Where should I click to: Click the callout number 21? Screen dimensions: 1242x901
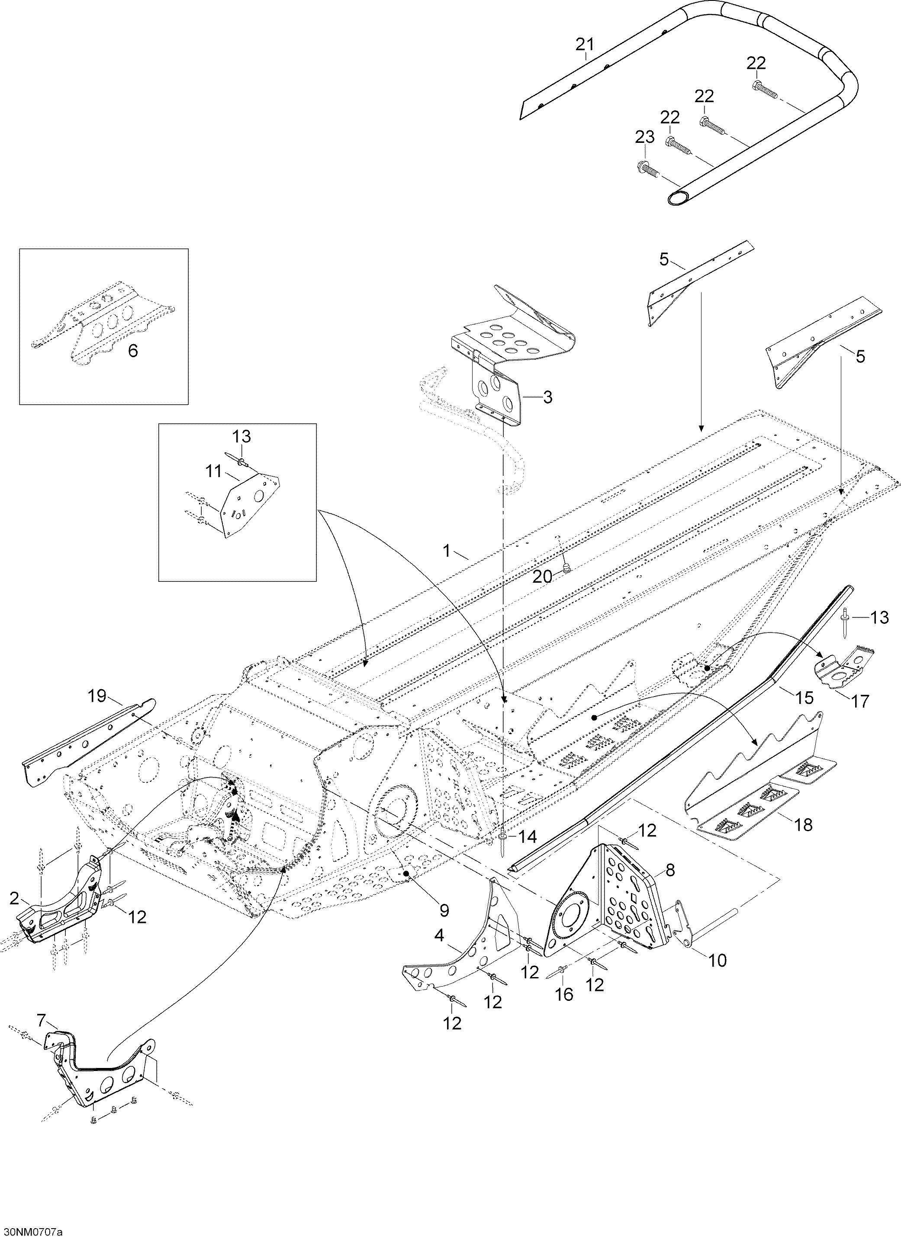[585, 44]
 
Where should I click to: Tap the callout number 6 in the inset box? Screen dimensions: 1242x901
[133, 351]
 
